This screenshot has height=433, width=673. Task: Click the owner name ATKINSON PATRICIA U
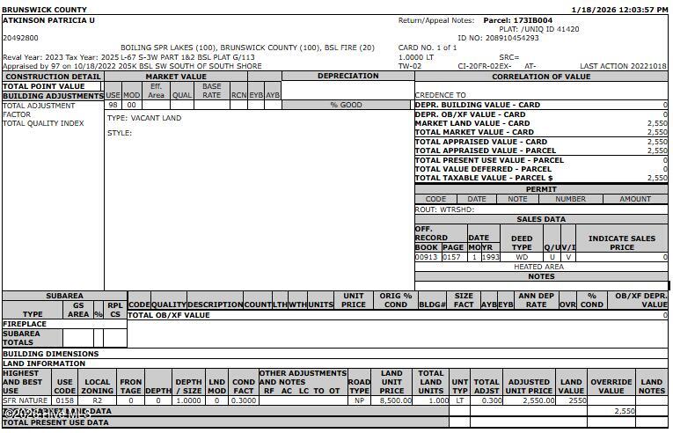click(x=48, y=19)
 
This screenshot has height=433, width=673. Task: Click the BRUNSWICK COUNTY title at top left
click(x=44, y=10)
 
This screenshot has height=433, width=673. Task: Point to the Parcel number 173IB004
click(x=530, y=19)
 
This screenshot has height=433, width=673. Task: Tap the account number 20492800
click(x=20, y=38)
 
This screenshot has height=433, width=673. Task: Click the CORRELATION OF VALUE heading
click(x=541, y=77)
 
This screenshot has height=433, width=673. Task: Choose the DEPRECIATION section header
click(x=347, y=77)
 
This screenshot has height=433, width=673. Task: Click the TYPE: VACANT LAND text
click(x=144, y=118)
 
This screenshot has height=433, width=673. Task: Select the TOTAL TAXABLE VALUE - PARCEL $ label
click(x=484, y=178)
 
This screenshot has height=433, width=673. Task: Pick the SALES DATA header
click(x=541, y=219)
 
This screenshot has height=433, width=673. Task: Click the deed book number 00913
click(x=427, y=257)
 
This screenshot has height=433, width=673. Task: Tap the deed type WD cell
click(x=522, y=257)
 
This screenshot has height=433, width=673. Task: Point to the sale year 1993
click(x=490, y=257)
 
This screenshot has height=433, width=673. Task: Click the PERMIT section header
click(x=541, y=189)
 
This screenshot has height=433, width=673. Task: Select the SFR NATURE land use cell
click(x=26, y=400)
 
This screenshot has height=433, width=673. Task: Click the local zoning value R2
click(x=98, y=400)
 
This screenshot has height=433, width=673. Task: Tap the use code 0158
click(x=65, y=400)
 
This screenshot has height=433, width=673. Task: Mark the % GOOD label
click(x=346, y=106)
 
